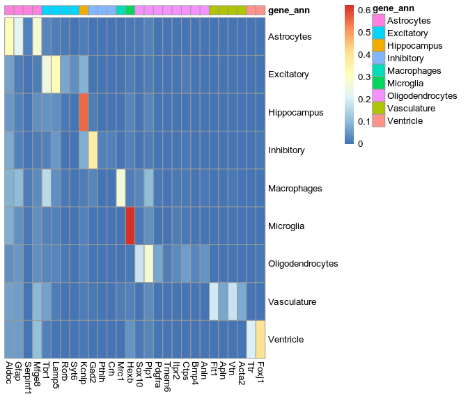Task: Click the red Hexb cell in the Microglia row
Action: [x=130, y=226]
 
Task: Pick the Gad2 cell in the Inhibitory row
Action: [x=93, y=150]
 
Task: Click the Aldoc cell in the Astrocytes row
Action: [x=9, y=36]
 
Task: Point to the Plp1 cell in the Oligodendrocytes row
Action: [x=148, y=264]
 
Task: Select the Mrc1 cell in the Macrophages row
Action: [x=120, y=188]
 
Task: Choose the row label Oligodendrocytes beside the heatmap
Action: [x=303, y=264]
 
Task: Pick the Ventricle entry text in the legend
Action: [x=405, y=121]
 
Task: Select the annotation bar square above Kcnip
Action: [x=84, y=10]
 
